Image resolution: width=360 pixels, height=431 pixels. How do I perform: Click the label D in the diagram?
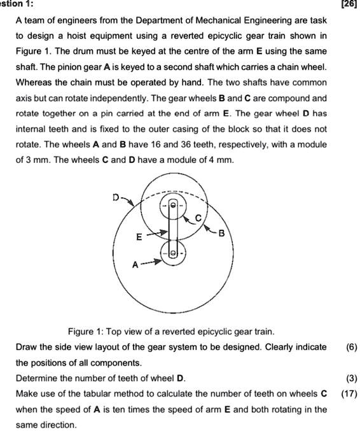pyautogui.click(x=116, y=197)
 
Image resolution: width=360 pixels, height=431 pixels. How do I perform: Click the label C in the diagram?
pyautogui.click(x=198, y=218)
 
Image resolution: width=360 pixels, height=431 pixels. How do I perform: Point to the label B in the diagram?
pyautogui.click(x=221, y=233)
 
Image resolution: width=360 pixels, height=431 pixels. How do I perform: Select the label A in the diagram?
pyautogui.click(x=134, y=262)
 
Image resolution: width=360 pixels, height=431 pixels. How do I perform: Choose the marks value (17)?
pyautogui.click(x=349, y=393)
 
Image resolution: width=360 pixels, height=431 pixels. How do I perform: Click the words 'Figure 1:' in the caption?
pyautogui.click(x=86, y=332)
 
